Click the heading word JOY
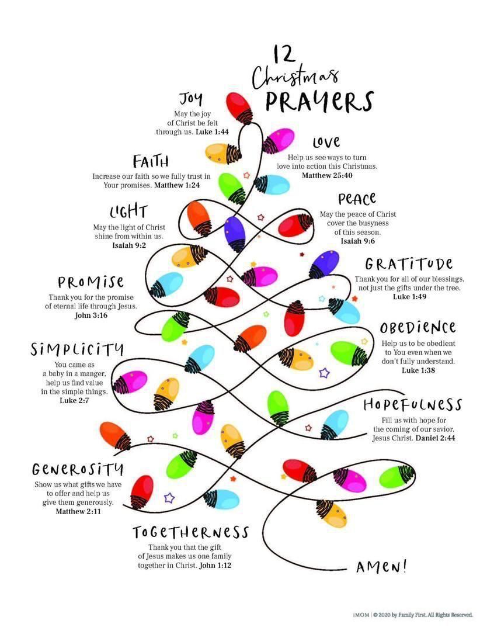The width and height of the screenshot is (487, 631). tap(192, 98)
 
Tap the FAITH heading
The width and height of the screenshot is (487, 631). tap(151, 161)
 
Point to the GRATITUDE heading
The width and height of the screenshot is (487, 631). tap(409, 264)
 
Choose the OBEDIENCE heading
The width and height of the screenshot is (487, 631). tap(418, 327)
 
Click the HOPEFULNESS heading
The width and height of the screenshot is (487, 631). tap(412, 405)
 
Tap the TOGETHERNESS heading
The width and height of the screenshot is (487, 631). tap(191, 533)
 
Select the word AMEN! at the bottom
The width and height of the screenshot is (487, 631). tap(381, 566)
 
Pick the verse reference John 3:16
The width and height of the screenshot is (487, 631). tap(91, 316)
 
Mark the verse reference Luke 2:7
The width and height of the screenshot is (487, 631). tap(74, 401)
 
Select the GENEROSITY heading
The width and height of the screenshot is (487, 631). tap(78, 469)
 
